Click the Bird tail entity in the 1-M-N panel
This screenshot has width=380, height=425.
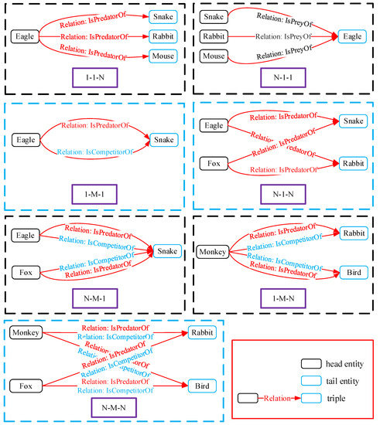click(x=354, y=272)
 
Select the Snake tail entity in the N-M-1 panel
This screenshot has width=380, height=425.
click(x=166, y=251)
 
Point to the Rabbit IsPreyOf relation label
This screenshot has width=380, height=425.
click(x=283, y=36)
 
